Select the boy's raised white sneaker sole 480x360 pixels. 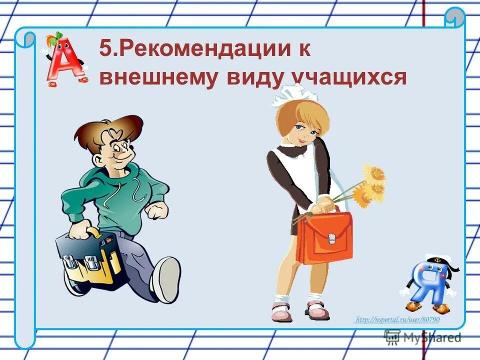[167, 280]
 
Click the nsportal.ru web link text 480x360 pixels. [397, 319]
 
